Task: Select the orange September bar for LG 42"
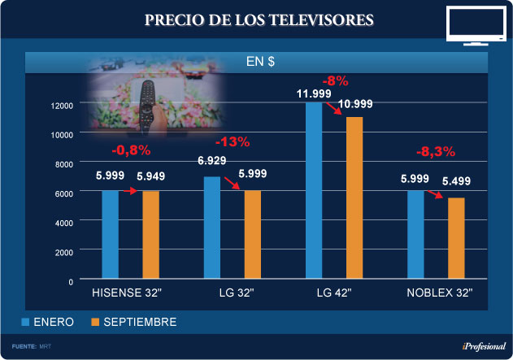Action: pos(354,199)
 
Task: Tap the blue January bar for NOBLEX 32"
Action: pos(415,236)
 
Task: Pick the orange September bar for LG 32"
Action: pos(253,236)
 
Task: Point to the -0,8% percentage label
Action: pos(131,150)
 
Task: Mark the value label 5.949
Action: pos(152,175)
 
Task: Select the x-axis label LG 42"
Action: pos(333,293)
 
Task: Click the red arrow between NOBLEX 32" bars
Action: pos(436,194)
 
